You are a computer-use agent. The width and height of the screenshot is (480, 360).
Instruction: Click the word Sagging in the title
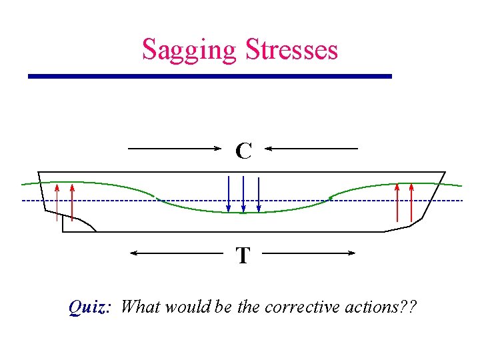click(189, 49)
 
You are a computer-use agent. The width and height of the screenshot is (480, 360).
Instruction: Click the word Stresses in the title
click(291, 49)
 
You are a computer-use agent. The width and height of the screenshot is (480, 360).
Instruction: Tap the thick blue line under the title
click(209, 77)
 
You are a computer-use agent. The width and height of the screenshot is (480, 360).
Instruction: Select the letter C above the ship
click(243, 151)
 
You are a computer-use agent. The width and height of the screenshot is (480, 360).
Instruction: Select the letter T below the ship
click(243, 255)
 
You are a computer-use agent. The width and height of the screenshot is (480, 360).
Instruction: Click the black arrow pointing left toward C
click(313, 148)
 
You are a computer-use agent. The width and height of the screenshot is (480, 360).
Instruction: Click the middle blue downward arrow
click(243, 194)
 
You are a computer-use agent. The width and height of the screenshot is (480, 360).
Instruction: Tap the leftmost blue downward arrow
click(229, 194)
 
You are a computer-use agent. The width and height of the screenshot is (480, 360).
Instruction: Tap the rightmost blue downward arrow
click(258, 194)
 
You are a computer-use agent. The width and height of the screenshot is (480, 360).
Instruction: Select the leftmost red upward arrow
click(57, 200)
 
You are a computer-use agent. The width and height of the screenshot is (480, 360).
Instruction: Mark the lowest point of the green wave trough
click(243, 213)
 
